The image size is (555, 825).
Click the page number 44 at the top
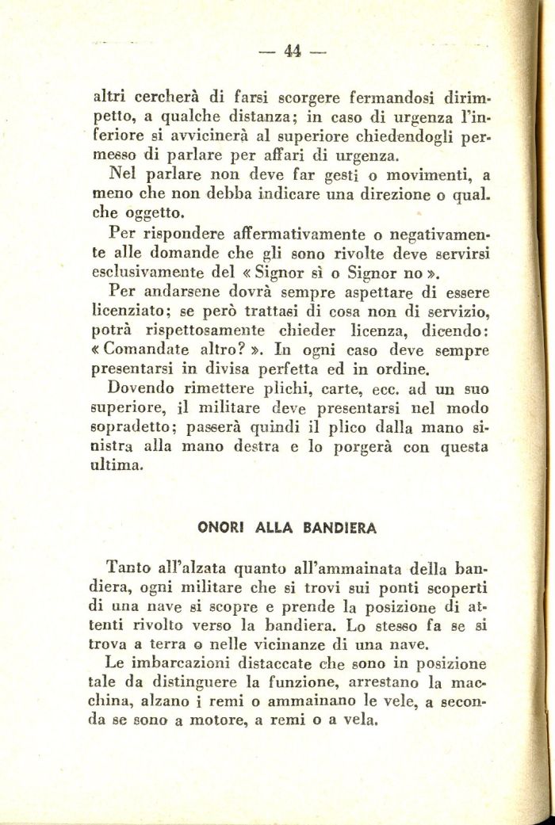point(293,52)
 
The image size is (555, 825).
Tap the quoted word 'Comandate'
point(151,349)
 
